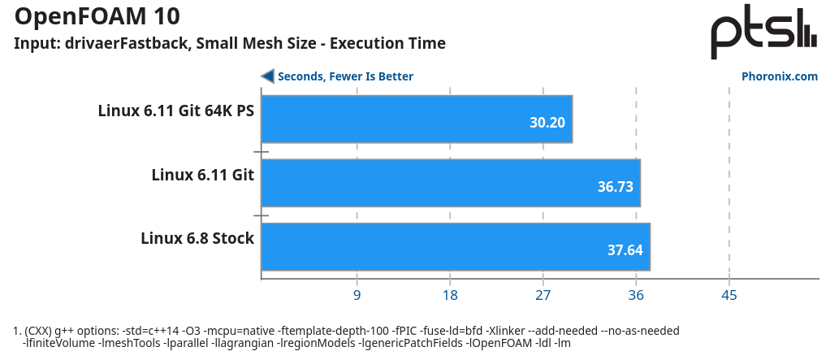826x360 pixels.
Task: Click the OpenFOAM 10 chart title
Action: click(97, 15)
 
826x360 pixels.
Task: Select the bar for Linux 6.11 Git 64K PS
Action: click(417, 119)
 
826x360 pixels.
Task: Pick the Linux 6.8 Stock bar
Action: click(455, 246)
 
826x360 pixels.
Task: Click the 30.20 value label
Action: click(547, 124)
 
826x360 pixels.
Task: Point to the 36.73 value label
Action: click(615, 187)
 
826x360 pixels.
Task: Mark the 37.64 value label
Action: click(625, 250)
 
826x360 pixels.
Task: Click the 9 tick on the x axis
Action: click(357, 295)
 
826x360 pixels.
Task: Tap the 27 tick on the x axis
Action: click(543, 295)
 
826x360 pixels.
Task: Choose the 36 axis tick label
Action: click(636, 295)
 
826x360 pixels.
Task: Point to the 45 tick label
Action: click(729, 295)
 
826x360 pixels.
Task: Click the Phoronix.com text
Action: click(779, 76)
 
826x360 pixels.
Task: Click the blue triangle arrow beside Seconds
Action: click(267, 76)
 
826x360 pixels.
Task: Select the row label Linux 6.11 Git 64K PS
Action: click(176, 111)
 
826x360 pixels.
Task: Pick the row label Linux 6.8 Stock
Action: click(197, 238)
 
